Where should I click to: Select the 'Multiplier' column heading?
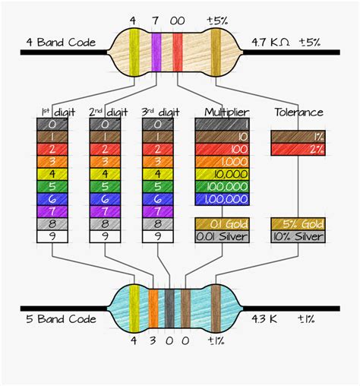click(x=222, y=112)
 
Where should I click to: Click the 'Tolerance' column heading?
click(x=298, y=112)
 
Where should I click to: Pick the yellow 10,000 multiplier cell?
click(x=223, y=174)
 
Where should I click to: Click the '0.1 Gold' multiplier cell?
click(x=223, y=224)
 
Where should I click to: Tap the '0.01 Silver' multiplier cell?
click(x=223, y=236)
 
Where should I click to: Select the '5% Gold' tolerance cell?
click(x=298, y=224)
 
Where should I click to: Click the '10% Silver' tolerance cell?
click(x=298, y=236)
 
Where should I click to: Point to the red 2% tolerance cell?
click(x=298, y=149)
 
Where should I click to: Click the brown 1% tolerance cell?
click(x=298, y=137)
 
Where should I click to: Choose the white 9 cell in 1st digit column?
click(x=52, y=236)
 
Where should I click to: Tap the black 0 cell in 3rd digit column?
click(x=157, y=125)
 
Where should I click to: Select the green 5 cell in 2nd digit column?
click(x=105, y=187)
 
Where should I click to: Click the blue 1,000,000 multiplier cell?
click(x=223, y=199)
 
